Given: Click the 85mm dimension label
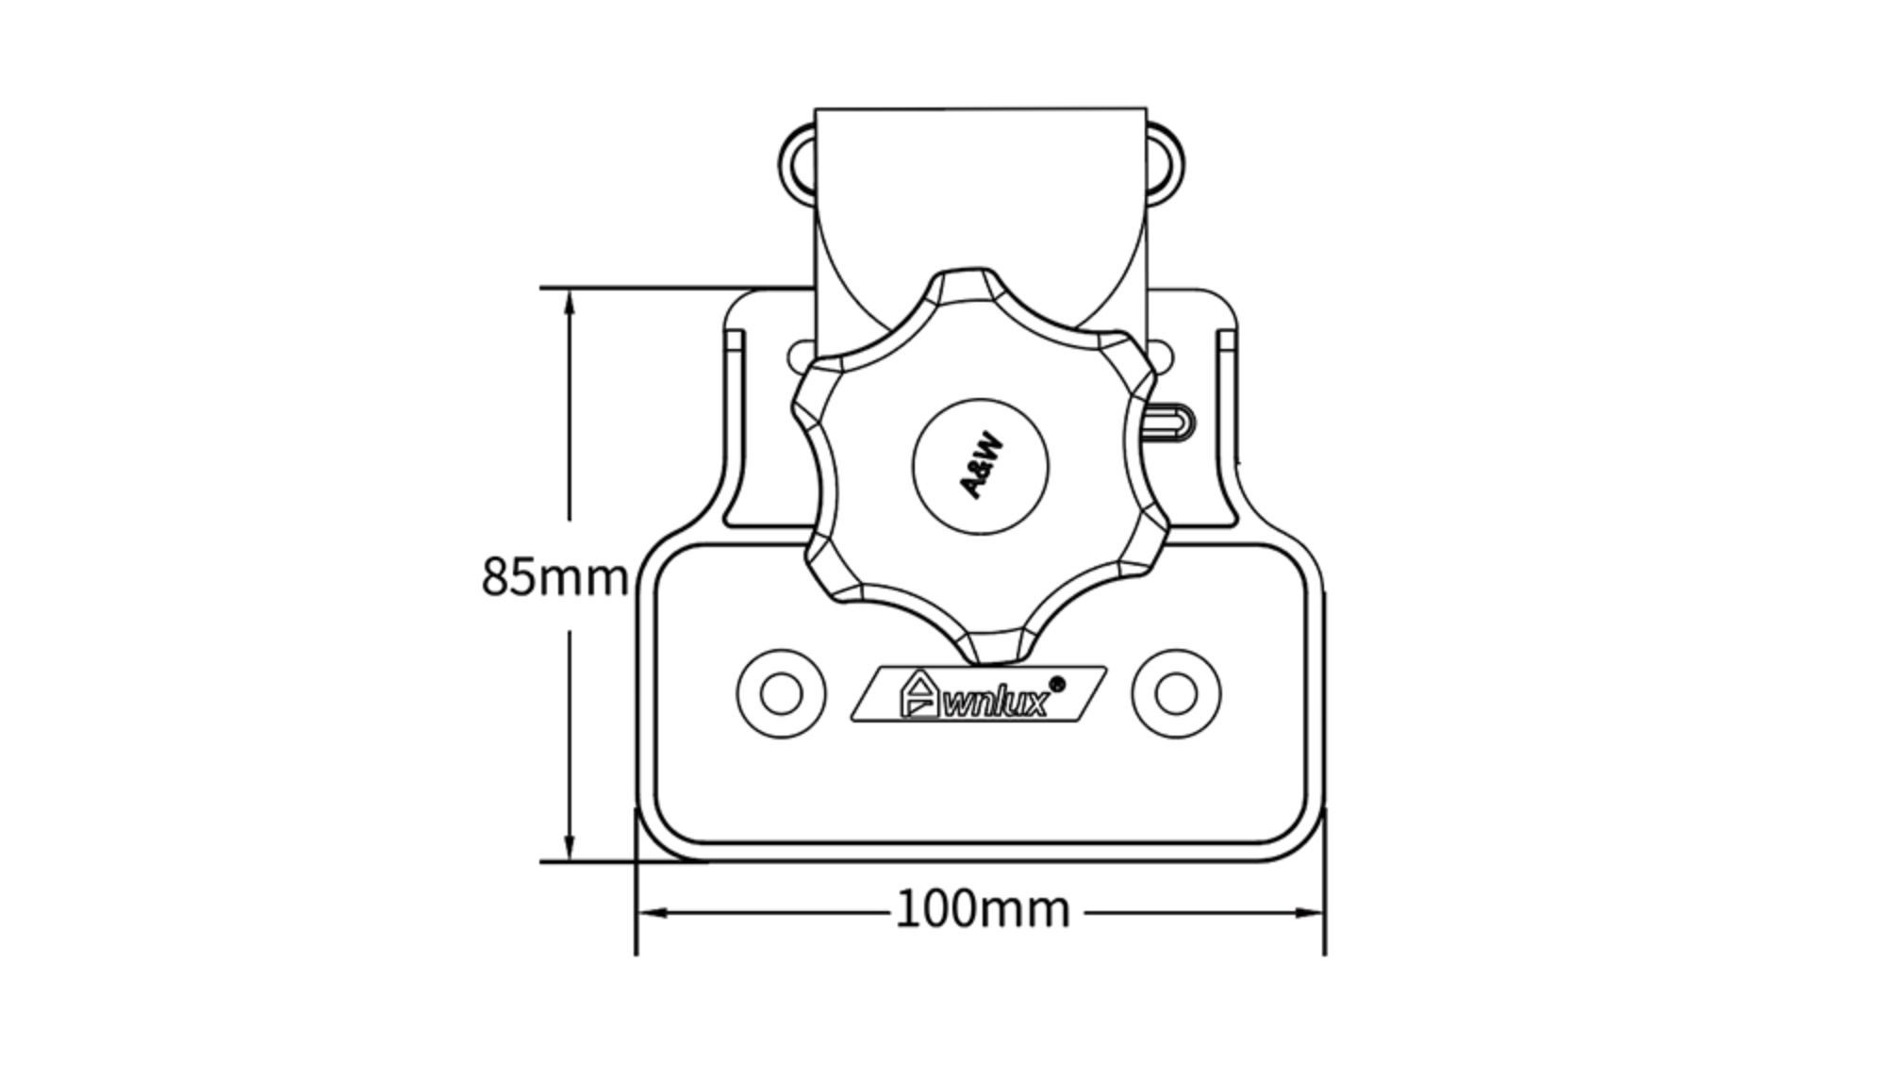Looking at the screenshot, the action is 554,576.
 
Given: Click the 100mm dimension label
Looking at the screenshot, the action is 983,910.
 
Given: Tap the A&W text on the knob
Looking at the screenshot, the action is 981,466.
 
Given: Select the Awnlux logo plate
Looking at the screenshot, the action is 979,694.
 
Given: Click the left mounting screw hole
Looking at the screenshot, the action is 781,694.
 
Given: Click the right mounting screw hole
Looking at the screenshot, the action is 1175,694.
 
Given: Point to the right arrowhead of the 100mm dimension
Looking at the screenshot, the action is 1309,913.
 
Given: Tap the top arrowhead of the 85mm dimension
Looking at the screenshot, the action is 569,307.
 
